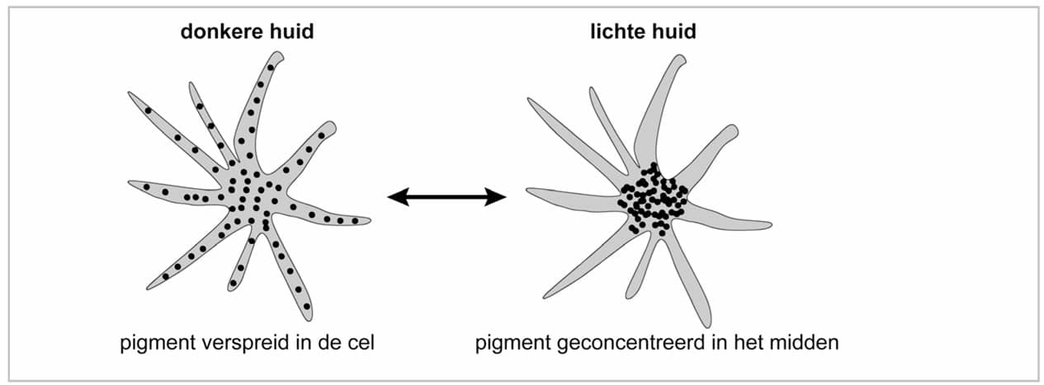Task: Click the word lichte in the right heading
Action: click(x=614, y=32)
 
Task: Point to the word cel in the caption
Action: click(x=360, y=342)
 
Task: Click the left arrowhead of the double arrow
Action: click(x=395, y=196)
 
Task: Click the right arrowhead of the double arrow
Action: click(x=498, y=196)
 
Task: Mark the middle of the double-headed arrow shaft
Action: click(x=446, y=196)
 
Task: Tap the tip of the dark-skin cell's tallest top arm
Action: click(x=278, y=55)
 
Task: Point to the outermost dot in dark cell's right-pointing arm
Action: click(x=355, y=221)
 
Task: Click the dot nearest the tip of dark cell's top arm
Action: click(x=270, y=68)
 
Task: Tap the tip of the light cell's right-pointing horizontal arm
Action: click(x=768, y=224)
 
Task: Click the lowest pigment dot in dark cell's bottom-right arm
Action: click(x=306, y=307)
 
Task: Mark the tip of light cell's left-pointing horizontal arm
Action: click(x=529, y=192)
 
